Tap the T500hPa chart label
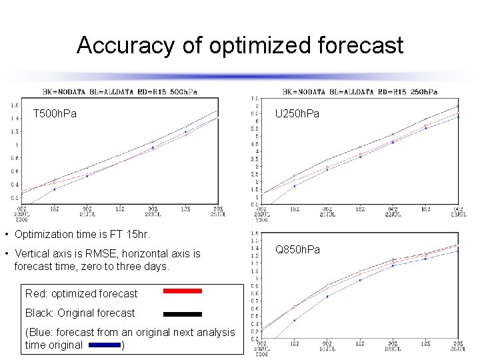(x=55, y=114)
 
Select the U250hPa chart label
(x=297, y=114)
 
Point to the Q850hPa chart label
(x=297, y=249)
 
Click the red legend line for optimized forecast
(x=182, y=291)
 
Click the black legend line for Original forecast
(x=182, y=313)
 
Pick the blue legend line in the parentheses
(x=103, y=345)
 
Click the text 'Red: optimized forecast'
(x=81, y=293)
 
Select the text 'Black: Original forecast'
(x=80, y=313)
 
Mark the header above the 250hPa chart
(x=360, y=91)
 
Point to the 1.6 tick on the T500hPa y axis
(x=14, y=105)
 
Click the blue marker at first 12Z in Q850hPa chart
(x=294, y=320)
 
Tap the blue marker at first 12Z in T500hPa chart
(x=54, y=189)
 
